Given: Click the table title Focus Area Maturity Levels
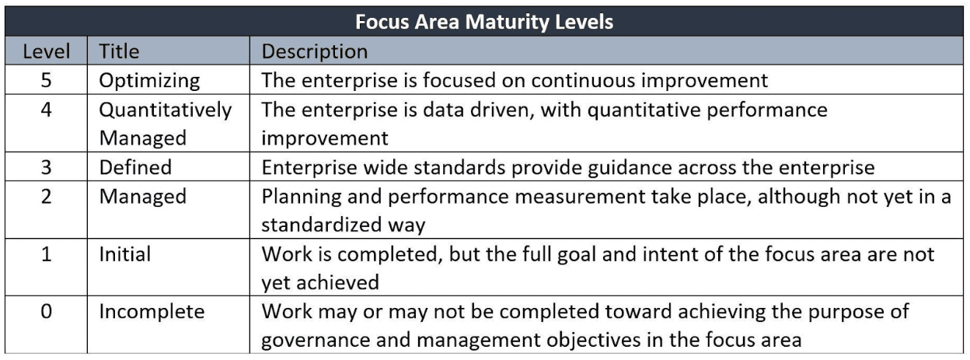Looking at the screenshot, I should [484, 21].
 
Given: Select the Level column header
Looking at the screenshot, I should [46, 52].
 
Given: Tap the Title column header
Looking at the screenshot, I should [119, 52].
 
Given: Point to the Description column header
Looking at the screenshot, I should [314, 52].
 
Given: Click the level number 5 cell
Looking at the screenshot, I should [46, 80].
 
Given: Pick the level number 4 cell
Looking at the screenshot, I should [46, 110].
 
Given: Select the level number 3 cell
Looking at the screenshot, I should [46, 167].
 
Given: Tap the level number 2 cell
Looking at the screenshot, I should [46, 197].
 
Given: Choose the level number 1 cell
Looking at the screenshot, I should [46, 254].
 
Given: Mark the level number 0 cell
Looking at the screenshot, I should [46, 312].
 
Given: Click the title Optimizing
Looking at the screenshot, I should [149, 80].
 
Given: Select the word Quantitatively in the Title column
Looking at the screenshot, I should [166, 110].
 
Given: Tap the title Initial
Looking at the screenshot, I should [125, 254].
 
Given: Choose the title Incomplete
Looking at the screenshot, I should [152, 312].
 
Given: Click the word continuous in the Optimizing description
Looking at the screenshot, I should [589, 80].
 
